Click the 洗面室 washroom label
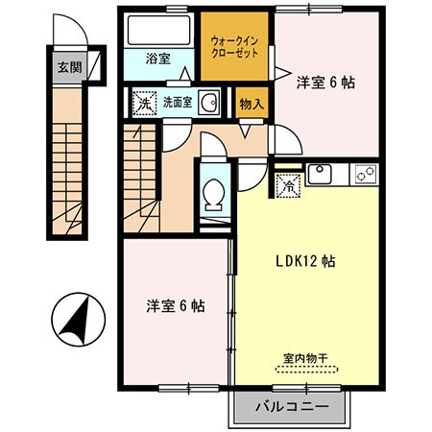click(x=178, y=102)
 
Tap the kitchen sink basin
click(x=320, y=175)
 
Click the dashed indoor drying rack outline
click(x=306, y=371)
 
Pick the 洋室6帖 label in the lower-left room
click(x=176, y=306)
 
